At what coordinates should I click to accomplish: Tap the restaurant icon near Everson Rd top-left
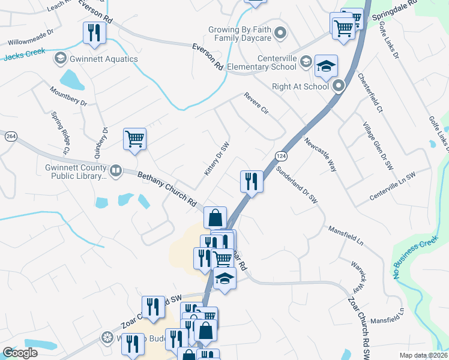click(x=94, y=32)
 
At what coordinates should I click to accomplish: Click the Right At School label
click(x=300, y=86)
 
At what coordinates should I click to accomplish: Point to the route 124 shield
click(x=280, y=155)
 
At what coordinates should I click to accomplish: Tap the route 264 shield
click(x=10, y=136)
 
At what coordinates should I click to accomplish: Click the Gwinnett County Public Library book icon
click(x=115, y=172)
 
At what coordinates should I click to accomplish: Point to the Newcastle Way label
click(x=319, y=155)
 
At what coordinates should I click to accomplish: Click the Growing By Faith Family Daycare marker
click(x=280, y=34)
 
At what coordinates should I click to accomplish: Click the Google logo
click(x=20, y=353)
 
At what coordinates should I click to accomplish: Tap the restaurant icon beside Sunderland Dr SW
click(x=251, y=181)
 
